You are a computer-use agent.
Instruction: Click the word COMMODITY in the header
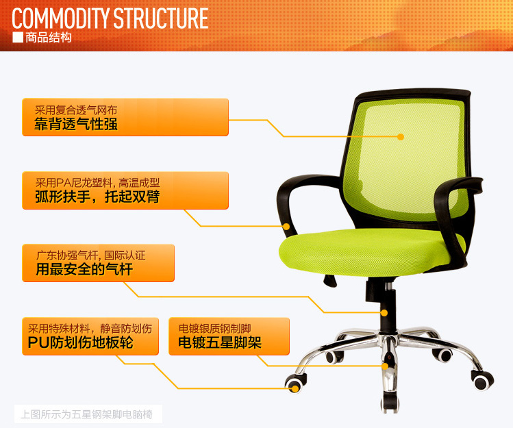(60, 18)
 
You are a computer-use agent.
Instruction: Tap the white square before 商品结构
(18, 38)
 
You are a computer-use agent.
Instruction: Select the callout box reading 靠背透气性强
(125, 117)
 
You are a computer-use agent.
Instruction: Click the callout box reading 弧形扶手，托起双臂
(125, 190)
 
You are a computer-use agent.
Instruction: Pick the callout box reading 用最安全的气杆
(98, 263)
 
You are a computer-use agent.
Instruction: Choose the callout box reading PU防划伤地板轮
(90, 336)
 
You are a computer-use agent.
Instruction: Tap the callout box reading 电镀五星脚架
(229, 336)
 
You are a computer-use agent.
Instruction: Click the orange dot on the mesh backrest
(401, 137)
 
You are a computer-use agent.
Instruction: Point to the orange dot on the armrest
(286, 227)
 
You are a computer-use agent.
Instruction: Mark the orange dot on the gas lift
(384, 313)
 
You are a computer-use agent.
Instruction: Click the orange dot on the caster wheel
(295, 389)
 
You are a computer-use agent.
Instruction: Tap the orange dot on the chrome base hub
(386, 366)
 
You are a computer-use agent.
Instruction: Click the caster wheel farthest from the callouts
(482, 381)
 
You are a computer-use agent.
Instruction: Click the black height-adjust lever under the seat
(330, 281)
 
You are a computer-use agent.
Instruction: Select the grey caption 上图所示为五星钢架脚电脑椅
(87, 414)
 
